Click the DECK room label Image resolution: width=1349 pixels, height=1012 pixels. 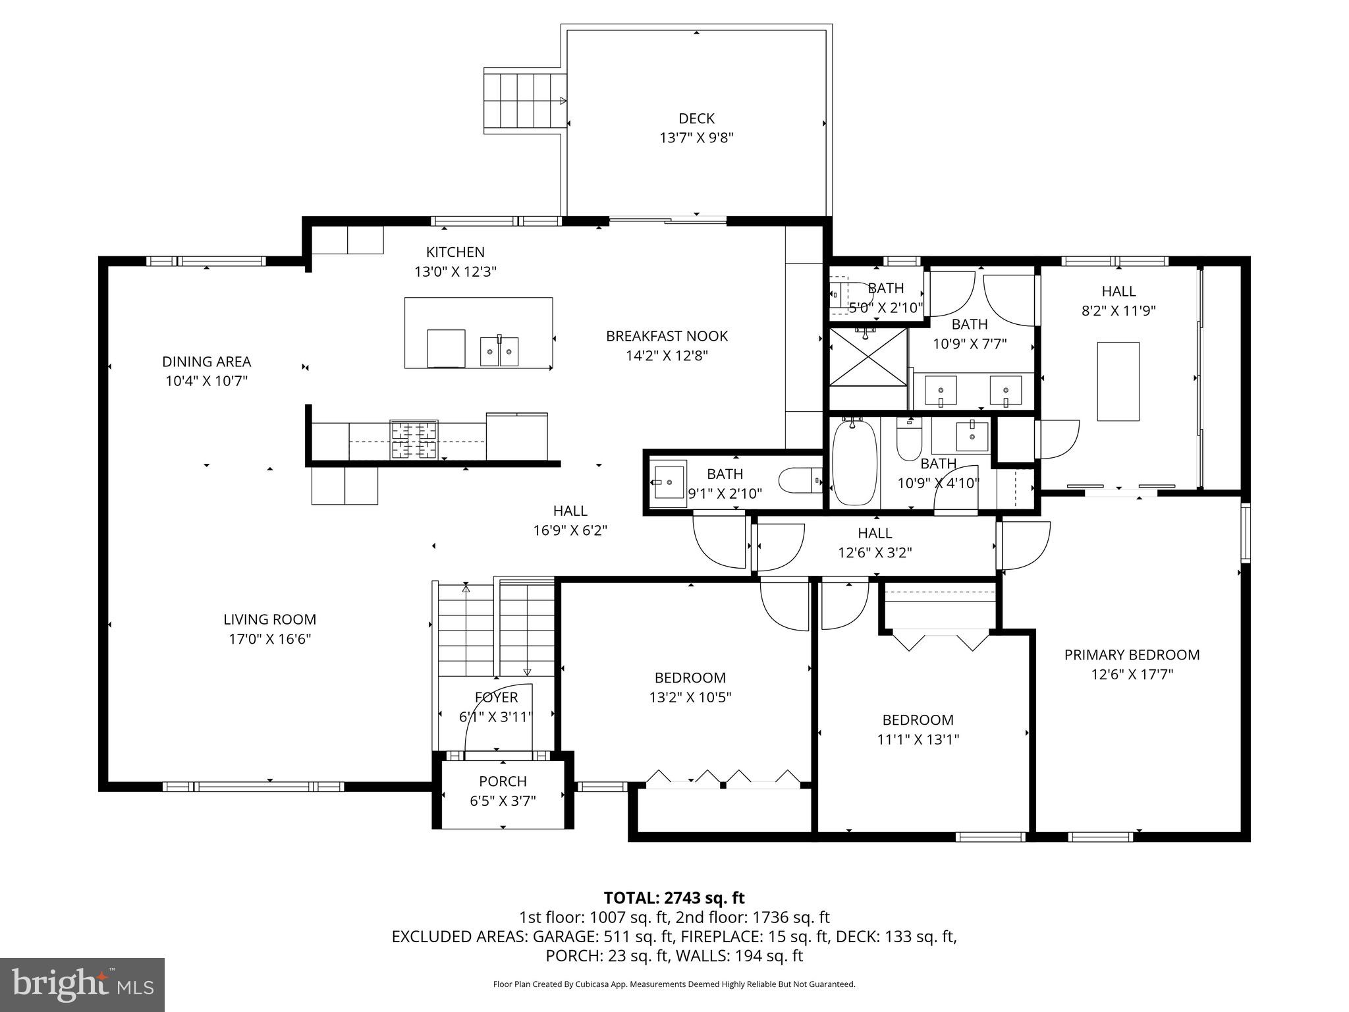696,119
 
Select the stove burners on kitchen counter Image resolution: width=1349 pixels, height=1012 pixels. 414,439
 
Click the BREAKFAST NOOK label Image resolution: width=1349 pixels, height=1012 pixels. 667,336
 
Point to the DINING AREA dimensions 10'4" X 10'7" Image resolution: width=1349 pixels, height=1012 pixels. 206,381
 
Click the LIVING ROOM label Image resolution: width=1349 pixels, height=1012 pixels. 269,619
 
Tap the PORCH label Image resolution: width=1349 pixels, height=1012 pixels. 503,781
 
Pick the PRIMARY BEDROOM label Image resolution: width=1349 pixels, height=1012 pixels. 1132,655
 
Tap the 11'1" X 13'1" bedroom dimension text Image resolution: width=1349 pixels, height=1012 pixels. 918,739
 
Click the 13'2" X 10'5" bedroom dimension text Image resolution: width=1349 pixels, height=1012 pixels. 690,697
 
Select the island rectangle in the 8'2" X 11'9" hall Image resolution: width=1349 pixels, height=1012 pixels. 1118,381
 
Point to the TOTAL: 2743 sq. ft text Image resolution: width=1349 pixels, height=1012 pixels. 674,898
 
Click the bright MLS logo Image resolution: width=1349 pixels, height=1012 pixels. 82,984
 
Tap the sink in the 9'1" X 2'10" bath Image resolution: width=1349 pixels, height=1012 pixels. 669,478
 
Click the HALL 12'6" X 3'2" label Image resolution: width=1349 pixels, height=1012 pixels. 875,542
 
